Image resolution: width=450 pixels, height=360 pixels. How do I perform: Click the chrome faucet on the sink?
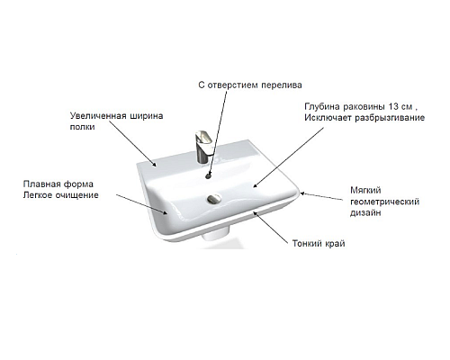[203, 147]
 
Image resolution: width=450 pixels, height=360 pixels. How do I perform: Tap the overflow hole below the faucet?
[209, 176]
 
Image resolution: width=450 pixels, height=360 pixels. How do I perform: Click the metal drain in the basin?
[214, 198]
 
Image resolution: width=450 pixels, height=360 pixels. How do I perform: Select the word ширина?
[147, 116]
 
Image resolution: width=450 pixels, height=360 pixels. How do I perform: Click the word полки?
[82, 127]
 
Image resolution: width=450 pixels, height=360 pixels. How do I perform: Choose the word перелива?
[282, 85]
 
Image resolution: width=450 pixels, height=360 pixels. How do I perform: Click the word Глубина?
[322, 107]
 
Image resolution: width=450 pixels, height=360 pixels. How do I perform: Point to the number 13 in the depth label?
[393, 107]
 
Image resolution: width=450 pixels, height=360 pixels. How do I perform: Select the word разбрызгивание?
[390, 118]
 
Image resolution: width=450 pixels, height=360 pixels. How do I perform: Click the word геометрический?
[384, 202]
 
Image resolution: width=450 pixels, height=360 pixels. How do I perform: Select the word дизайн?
[365, 213]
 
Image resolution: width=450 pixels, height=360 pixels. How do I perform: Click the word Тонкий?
[307, 243]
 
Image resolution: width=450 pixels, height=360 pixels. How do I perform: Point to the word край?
[335, 244]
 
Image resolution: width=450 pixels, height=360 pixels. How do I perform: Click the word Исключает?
[328, 118]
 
